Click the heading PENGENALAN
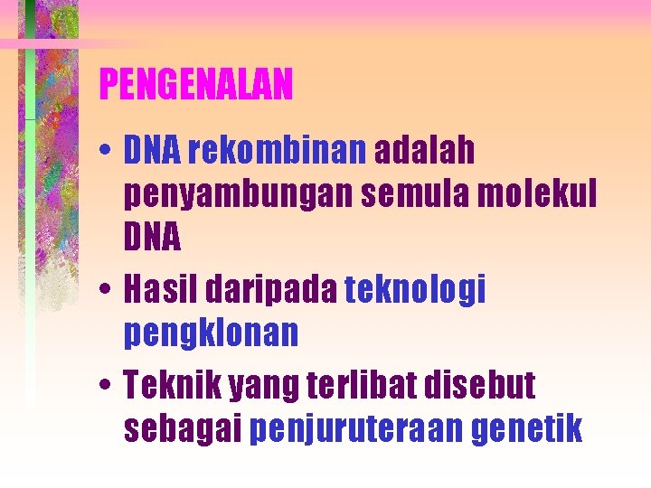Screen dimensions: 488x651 pos(196,86)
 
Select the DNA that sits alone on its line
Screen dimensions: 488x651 pos(152,239)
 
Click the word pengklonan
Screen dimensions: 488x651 pos(211,334)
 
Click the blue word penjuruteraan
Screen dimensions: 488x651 pos(356,431)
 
